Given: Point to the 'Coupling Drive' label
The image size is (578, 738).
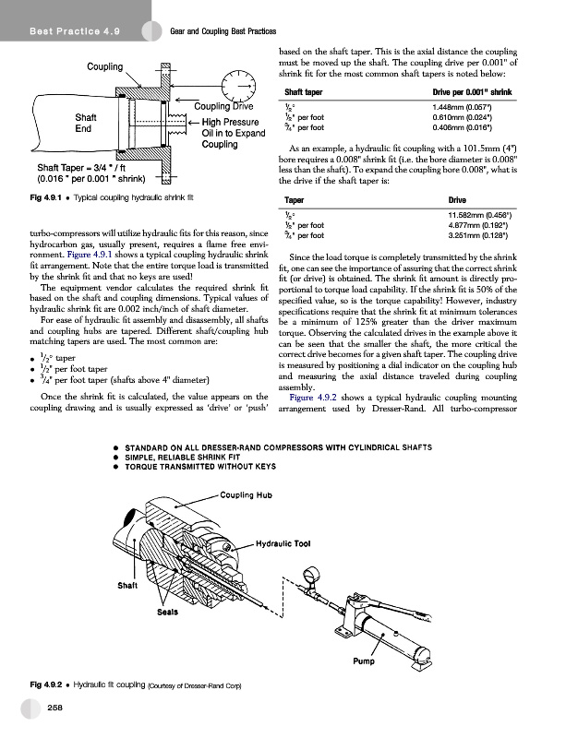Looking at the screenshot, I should (231, 108).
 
